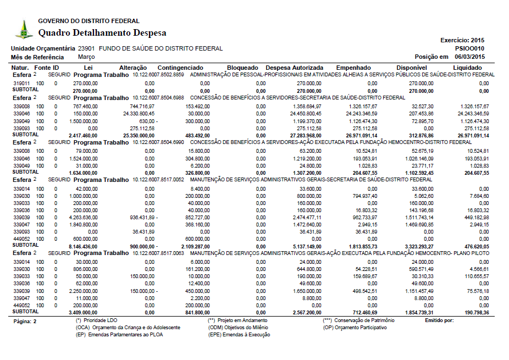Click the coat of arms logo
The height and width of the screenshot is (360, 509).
pyautogui.click(x=23, y=29)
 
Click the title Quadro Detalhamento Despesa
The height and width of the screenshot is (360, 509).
pyautogui.click(x=102, y=33)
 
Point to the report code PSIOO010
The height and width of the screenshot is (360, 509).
pyautogui.click(x=470, y=48)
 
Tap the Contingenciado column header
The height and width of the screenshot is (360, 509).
pyautogui.click(x=180, y=68)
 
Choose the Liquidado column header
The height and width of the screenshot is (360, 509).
pyautogui.click(x=467, y=68)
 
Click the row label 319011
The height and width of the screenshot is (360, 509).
pyautogui.click(x=21, y=83)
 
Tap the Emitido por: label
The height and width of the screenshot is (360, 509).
pyautogui.click(x=439, y=320)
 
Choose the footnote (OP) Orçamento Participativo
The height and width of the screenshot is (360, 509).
pyautogui.click(x=355, y=327)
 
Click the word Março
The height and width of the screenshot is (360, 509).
pyautogui.click(x=86, y=57)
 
